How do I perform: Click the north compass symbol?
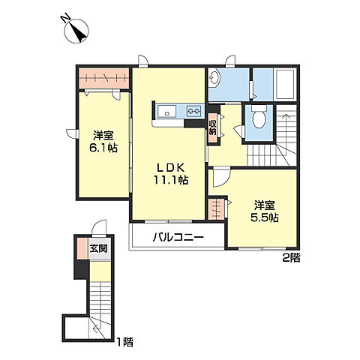(76, 29)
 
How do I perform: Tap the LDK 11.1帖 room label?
(171, 174)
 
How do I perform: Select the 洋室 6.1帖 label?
(103, 142)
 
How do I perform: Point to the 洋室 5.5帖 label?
(265, 211)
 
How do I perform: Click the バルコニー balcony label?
(178, 237)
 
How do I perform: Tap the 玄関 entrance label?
(99, 248)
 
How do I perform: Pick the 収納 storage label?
(212, 127)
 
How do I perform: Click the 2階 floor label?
(291, 258)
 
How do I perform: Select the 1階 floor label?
(125, 342)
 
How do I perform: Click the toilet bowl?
(259, 117)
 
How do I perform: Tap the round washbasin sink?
(214, 76)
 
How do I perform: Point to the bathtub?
(285, 84)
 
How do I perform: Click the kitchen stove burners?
(194, 110)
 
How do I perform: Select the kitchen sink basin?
(166, 111)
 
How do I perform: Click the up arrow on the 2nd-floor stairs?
(285, 121)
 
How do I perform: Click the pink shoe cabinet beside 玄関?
(82, 249)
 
